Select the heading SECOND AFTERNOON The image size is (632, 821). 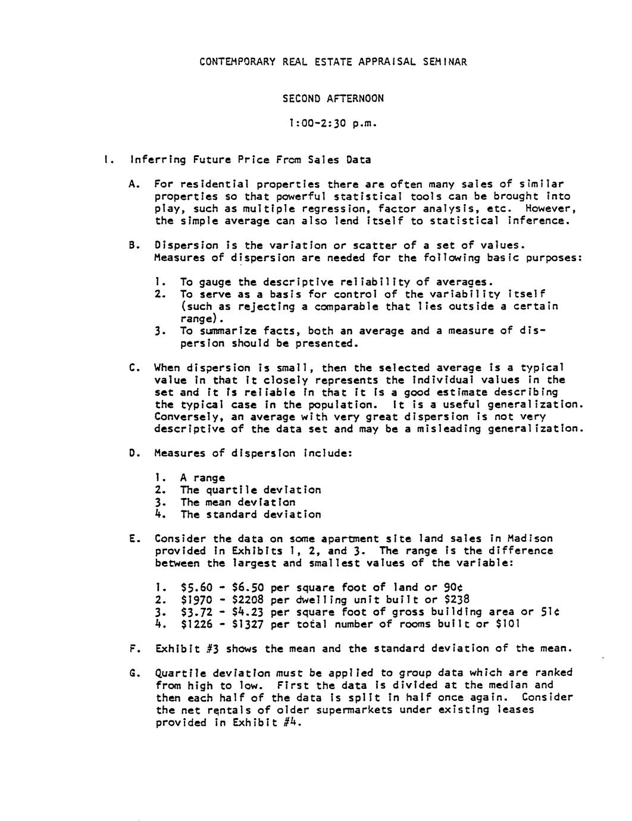333,98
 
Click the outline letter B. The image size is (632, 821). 133,245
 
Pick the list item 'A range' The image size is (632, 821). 202,478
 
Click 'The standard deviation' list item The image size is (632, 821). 251,515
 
